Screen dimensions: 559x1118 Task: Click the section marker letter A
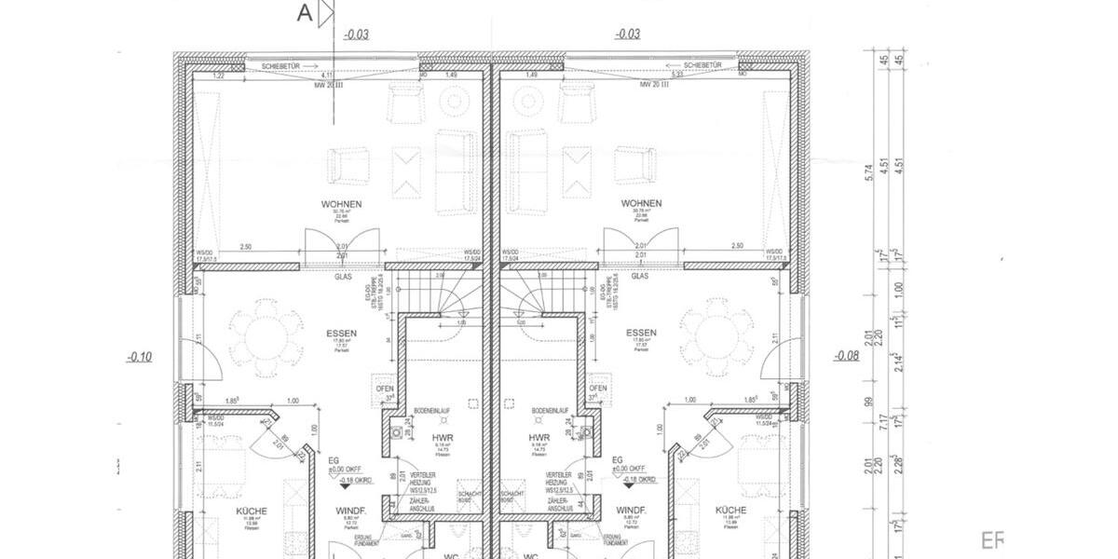click(x=304, y=13)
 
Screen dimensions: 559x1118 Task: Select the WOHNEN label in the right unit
click(x=642, y=203)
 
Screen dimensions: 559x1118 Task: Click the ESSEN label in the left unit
click(x=341, y=333)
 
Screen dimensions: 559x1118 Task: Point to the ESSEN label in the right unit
click(x=642, y=333)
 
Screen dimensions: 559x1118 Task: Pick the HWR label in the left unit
click(x=442, y=437)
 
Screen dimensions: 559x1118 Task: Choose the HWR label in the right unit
click(x=539, y=437)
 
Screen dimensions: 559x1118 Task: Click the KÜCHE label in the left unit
click(x=252, y=511)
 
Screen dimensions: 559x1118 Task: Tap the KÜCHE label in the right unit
click(x=731, y=511)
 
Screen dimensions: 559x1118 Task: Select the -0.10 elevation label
click(x=141, y=356)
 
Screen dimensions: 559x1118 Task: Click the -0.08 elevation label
click(x=846, y=356)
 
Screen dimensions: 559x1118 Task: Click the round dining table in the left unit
click(x=266, y=333)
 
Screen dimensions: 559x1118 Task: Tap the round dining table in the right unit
click(x=716, y=333)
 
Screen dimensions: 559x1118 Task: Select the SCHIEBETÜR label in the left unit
click(x=280, y=66)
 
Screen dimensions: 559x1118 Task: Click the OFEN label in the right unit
click(x=598, y=389)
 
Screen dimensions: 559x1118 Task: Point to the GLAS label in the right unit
click(x=640, y=276)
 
